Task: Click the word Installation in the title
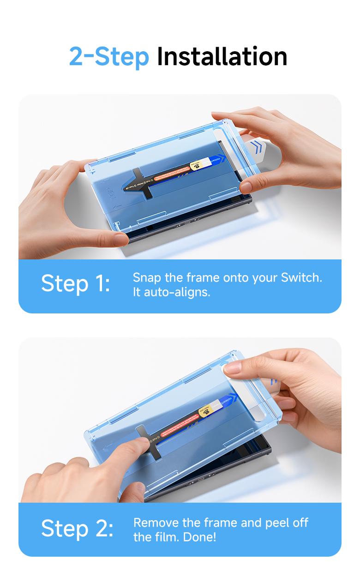(x=222, y=56)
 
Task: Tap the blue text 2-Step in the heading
(x=109, y=56)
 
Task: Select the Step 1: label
(x=76, y=283)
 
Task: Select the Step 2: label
(x=77, y=528)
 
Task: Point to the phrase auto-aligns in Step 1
(x=177, y=292)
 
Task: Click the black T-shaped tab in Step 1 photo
(x=141, y=184)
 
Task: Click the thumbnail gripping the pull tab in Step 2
(x=233, y=368)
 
